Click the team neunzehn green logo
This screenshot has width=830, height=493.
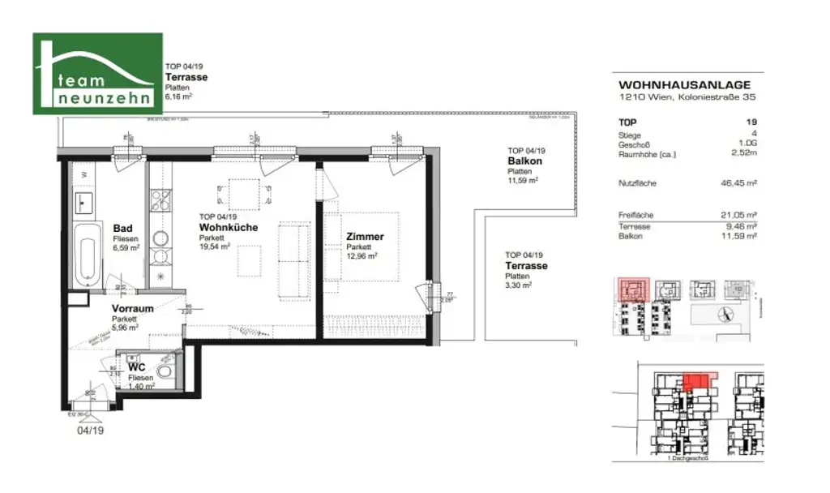coord(97,74)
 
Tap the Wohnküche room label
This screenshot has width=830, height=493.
coord(229,228)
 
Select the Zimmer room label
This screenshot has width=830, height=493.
coord(365,237)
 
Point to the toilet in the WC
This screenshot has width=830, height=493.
coord(167,374)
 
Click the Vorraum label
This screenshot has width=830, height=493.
coord(132,309)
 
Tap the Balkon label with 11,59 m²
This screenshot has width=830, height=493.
coord(524,161)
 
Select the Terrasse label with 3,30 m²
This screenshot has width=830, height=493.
coord(526,266)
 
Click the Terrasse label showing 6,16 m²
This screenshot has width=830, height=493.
coord(186,78)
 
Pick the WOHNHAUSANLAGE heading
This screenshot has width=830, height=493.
coord(684,84)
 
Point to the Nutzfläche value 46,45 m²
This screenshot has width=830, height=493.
coord(738,184)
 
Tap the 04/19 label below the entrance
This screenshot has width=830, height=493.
coord(91,431)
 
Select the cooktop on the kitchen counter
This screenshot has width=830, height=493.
coord(160,199)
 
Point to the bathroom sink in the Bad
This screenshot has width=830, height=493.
coord(83,199)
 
